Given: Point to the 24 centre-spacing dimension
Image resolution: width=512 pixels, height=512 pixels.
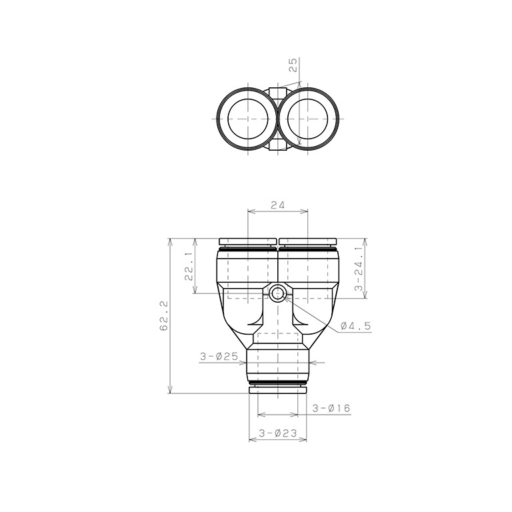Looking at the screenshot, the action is pos(277,205).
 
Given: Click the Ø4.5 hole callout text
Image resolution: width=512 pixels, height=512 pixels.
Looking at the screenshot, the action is pos(355,325).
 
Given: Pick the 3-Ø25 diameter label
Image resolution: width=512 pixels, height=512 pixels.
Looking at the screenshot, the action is pos(219,356).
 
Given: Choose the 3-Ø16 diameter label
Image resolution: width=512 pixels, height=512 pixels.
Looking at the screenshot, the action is pos(331,408).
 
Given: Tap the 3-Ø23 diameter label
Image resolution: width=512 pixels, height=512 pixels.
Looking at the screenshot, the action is pos(278,433).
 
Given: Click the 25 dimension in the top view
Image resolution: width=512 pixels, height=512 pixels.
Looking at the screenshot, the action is pos(293,65).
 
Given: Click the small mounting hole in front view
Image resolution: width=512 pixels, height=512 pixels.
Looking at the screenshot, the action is pos(277,292).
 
